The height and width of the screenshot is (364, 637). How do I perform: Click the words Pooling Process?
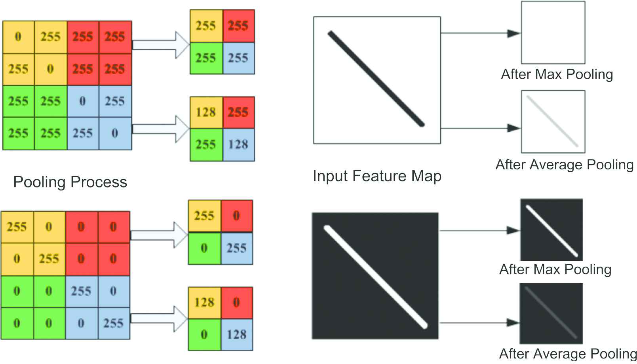[x=70, y=182]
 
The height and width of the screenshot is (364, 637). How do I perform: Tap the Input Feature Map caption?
[x=377, y=176]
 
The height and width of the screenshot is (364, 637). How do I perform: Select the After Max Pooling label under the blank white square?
[x=557, y=74]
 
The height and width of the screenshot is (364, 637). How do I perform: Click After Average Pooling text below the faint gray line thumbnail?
[x=564, y=165]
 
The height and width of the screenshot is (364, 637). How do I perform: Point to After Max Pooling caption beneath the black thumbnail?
[x=555, y=269]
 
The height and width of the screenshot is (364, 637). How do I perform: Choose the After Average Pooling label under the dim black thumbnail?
[x=568, y=353]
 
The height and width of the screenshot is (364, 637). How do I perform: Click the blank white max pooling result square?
[x=553, y=32]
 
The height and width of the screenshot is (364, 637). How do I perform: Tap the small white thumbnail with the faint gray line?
[x=553, y=121]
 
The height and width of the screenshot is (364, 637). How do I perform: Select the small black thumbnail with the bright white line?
[x=551, y=229]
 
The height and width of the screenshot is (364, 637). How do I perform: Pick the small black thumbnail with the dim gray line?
[x=551, y=313]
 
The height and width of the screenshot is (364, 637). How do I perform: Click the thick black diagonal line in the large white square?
[x=376, y=79]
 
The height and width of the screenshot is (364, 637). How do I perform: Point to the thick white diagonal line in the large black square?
[x=375, y=277]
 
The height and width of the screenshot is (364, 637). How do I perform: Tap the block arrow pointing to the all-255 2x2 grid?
[x=160, y=45]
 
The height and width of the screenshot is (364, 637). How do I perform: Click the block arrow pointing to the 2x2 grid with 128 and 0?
[x=158, y=318]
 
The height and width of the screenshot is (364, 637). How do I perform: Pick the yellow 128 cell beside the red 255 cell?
[x=206, y=112]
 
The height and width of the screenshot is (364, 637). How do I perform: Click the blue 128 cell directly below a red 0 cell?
[x=237, y=335]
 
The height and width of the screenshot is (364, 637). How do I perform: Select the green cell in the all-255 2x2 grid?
[x=206, y=58]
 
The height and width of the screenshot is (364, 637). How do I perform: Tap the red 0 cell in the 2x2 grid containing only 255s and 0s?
[x=236, y=216]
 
